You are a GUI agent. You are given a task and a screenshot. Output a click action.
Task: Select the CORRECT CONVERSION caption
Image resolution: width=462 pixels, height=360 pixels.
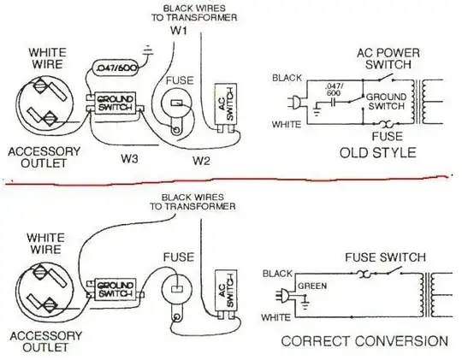(364, 340)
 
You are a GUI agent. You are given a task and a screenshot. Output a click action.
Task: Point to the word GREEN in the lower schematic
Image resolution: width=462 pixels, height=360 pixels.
(311, 287)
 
